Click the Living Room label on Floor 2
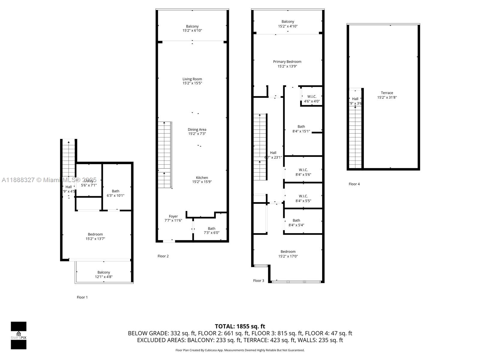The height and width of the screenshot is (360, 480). [x=192, y=79]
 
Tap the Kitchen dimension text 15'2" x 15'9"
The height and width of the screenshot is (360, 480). [x=202, y=182]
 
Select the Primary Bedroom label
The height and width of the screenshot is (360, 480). [x=287, y=62]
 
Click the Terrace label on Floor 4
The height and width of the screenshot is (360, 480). [x=387, y=93]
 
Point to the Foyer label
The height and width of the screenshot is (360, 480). [x=173, y=216]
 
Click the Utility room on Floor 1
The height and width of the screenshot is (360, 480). [x=89, y=183]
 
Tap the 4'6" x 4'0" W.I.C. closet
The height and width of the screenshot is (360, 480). [x=312, y=99]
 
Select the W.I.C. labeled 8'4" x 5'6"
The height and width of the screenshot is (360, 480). [x=303, y=172]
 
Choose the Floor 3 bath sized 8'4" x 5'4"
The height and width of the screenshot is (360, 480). [x=296, y=223]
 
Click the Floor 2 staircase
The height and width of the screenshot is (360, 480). [x=164, y=154]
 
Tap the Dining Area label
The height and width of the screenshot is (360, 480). [x=197, y=130]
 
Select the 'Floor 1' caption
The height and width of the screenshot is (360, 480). [x=82, y=297]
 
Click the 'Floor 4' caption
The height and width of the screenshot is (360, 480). [x=354, y=184]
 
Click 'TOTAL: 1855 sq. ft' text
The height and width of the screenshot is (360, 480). [x=240, y=326]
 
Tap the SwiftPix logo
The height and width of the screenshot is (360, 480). [x=19, y=335]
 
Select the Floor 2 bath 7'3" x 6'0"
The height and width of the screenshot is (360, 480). [x=211, y=230]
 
